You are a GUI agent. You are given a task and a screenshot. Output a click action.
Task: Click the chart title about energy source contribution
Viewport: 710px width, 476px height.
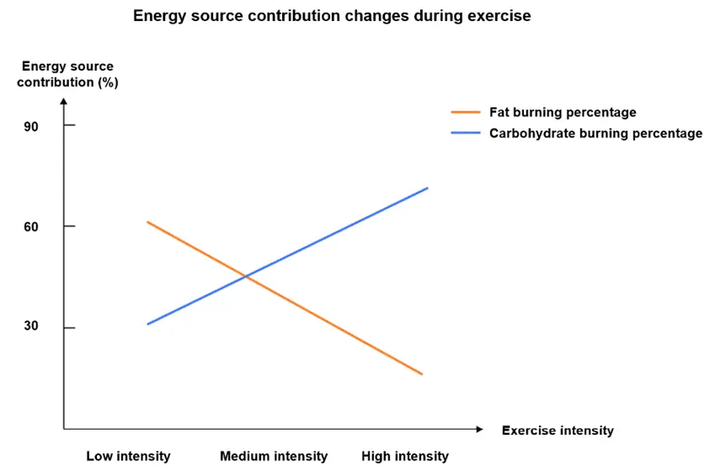tap(332, 16)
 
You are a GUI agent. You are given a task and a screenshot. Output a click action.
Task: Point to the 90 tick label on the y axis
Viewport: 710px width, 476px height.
tap(31, 127)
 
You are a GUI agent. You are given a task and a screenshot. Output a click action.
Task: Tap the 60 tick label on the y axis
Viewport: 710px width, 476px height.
tap(31, 227)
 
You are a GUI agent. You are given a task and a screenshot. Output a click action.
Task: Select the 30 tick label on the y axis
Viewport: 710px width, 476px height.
tap(31, 326)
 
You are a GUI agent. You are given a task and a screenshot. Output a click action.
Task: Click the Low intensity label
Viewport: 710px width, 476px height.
tap(129, 456)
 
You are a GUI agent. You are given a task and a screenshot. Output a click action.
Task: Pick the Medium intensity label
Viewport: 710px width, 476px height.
tap(274, 456)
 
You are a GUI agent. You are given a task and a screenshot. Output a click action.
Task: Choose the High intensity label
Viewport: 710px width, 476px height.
tap(405, 456)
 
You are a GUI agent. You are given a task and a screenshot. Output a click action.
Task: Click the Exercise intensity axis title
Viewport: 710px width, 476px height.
tap(558, 431)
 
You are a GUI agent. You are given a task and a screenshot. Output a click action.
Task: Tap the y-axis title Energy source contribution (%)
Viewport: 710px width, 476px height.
tap(67, 74)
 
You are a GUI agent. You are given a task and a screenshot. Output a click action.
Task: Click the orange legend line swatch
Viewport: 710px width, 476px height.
tap(466, 112)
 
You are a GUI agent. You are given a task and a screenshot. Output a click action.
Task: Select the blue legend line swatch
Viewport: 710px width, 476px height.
tap(466, 133)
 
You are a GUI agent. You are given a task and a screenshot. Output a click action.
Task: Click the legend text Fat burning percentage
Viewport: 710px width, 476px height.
tap(563, 112)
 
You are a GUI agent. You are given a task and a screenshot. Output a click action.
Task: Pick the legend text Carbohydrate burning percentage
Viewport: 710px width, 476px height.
tap(596, 134)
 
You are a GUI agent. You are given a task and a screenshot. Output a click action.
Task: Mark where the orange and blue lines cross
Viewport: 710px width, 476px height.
tap(245, 275)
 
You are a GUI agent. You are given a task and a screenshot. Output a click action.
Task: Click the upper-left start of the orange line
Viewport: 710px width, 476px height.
tap(148, 222)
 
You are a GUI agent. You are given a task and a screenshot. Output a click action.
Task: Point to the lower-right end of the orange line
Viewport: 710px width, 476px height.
tap(422, 374)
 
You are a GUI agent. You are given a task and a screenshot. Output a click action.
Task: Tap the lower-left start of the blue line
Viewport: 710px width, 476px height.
tap(148, 324)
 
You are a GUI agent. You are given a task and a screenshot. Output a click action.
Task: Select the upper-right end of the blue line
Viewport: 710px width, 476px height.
tap(428, 188)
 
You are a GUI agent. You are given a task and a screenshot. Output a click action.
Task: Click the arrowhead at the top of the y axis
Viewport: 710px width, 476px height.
tap(64, 101)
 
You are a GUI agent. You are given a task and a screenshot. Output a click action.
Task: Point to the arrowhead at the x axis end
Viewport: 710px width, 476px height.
tap(480, 429)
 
